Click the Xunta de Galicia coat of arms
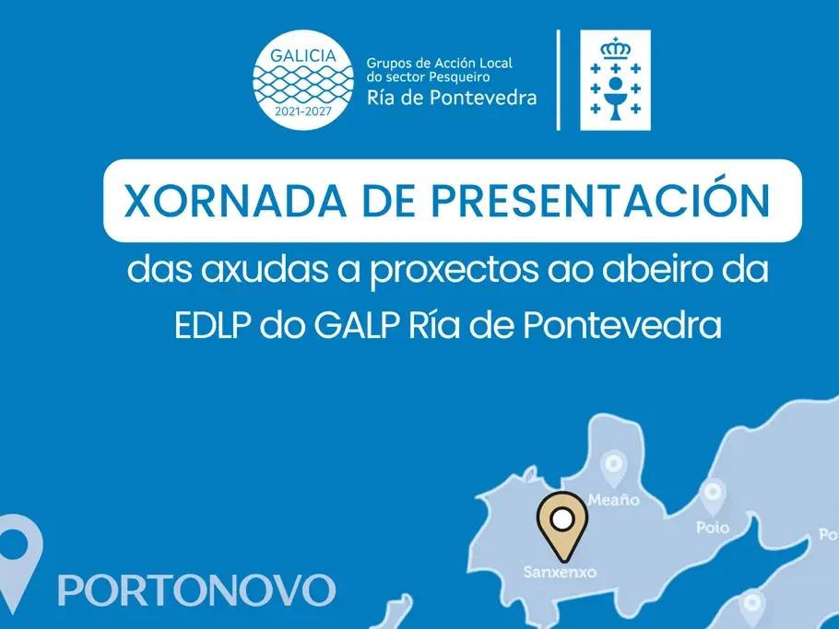pyautogui.click(x=614, y=80)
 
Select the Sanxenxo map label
pyautogui.click(x=560, y=571)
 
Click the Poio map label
pyautogui.click(x=712, y=528)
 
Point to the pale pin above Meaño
pyautogui.click(x=612, y=468)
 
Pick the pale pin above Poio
pyautogui.click(x=713, y=496)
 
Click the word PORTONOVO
pyautogui.click(x=196, y=589)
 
